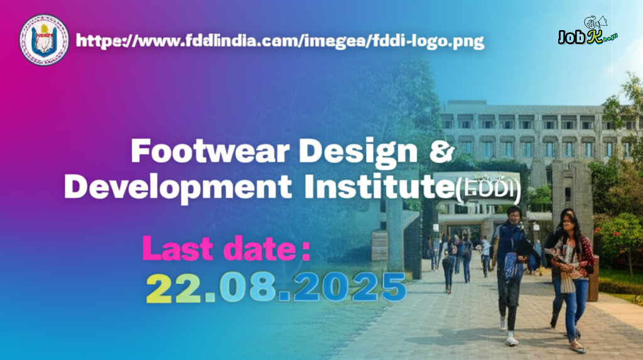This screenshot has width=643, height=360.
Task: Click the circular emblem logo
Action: pyautogui.click(x=44, y=40)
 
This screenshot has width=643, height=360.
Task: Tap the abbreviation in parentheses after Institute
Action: pyautogui.click(x=487, y=188)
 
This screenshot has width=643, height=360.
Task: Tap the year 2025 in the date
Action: pyautogui.click(x=350, y=288)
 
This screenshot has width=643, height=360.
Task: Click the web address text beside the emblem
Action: pyautogui.click(x=279, y=41)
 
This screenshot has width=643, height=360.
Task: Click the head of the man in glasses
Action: pyautogui.click(x=514, y=215)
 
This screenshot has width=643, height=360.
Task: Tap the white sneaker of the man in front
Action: pyautogui.click(x=512, y=339)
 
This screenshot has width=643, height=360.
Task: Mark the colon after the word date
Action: pyautogui.click(x=305, y=251)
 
